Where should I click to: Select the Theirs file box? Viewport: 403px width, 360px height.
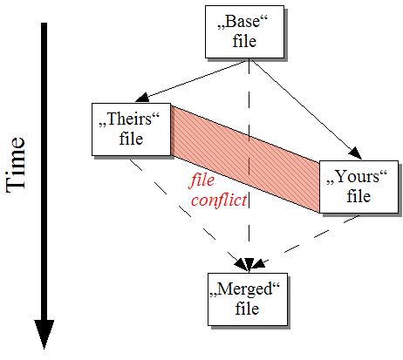pyautogui.click(x=128, y=129)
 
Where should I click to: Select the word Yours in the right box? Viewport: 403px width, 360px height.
pyautogui.click(x=355, y=177)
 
